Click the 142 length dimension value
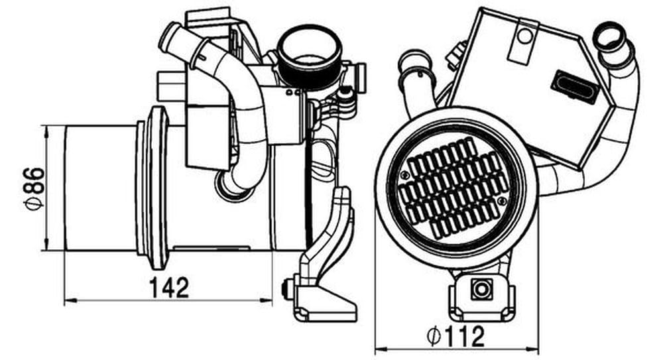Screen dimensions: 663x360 [x=168, y=288]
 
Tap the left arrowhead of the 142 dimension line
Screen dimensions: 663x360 [x=70, y=300]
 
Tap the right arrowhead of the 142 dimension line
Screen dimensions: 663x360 [x=267, y=300]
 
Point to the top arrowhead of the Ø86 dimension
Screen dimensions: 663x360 [x=46, y=131]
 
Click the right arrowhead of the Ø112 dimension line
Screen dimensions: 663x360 [x=533, y=349]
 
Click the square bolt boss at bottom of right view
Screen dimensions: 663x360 [x=481, y=290]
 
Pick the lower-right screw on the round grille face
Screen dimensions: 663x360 [x=501, y=200]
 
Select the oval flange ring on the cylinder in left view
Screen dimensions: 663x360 [x=157, y=188]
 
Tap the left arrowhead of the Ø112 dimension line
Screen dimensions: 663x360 [x=381, y=349]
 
